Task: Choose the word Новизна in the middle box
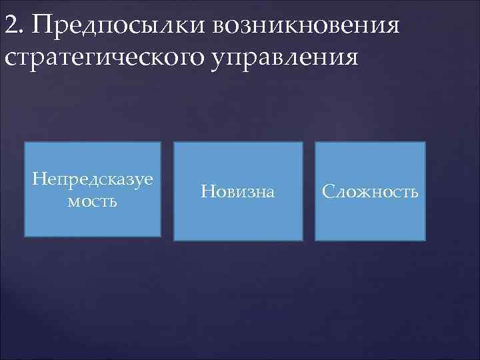(x=237, y=192)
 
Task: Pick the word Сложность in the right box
(x=370, y=192)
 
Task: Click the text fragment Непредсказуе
(x=93, y=179)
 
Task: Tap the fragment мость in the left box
(x=93, y=201)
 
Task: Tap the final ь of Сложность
(x=414, y=193)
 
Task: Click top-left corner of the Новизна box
(x=174, y=142)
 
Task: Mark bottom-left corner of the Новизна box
(x=174, y=240)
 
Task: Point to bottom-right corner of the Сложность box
(x=425, y=240)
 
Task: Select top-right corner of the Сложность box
(x=425, y=142)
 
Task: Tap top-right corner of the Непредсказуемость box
(x=161, y=142)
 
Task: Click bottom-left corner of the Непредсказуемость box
(x=25, y=237)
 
